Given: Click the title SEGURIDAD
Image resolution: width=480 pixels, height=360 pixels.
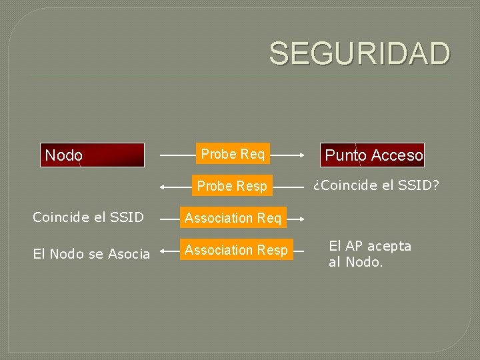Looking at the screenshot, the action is coord(359,53).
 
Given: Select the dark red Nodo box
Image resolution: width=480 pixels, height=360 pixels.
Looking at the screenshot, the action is coord(92,155).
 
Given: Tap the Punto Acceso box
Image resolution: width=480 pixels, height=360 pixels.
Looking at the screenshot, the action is coord(372,155).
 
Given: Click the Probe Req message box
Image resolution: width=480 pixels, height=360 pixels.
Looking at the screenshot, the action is coord(233,154).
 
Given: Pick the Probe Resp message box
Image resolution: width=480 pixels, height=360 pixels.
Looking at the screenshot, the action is coord(231,186).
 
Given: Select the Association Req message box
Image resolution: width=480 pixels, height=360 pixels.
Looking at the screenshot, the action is coord(233,218).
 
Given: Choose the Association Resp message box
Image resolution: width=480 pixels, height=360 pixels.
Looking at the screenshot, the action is coord(236,250).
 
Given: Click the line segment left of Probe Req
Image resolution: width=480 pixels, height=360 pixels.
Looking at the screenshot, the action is coord(177,155).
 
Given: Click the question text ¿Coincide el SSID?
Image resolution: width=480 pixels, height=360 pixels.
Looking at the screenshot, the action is coord(376,185).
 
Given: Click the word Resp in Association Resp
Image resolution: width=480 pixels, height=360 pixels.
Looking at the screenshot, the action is coord(273,250).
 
